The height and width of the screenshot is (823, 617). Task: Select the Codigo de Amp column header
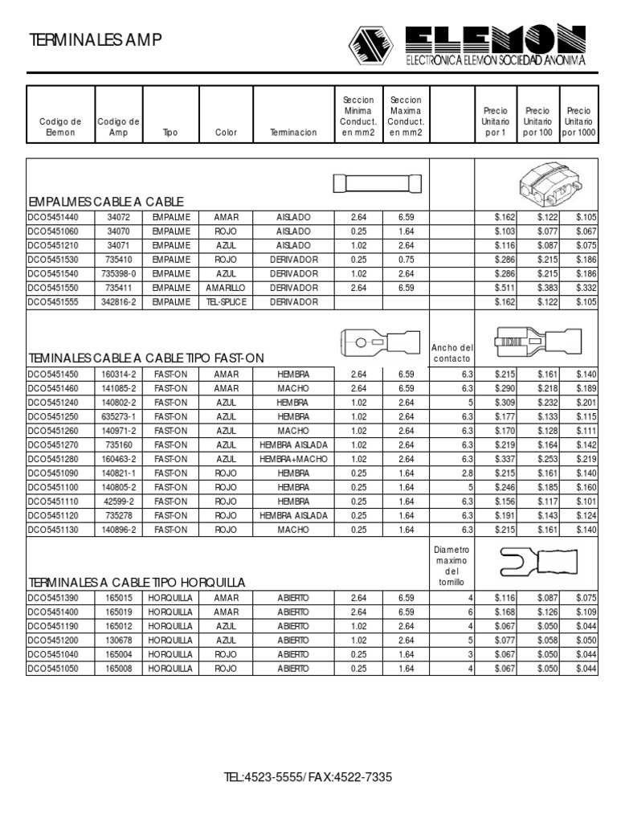[x=118, y=127]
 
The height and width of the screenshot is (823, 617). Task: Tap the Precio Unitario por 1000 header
[x=578, y=121]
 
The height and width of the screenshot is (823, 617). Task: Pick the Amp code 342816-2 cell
[x=118, y=301]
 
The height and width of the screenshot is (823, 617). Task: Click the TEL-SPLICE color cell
[x=226, y=301]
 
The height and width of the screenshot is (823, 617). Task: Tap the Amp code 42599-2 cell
[x=118, y=502]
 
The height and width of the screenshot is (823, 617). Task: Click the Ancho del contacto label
[x=452, y=353]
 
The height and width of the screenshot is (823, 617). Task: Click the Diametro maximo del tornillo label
[x=452, y=565]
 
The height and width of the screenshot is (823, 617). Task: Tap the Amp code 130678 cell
[x=118, y=640]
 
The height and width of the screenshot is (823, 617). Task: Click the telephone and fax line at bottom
[x=308, y=778]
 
